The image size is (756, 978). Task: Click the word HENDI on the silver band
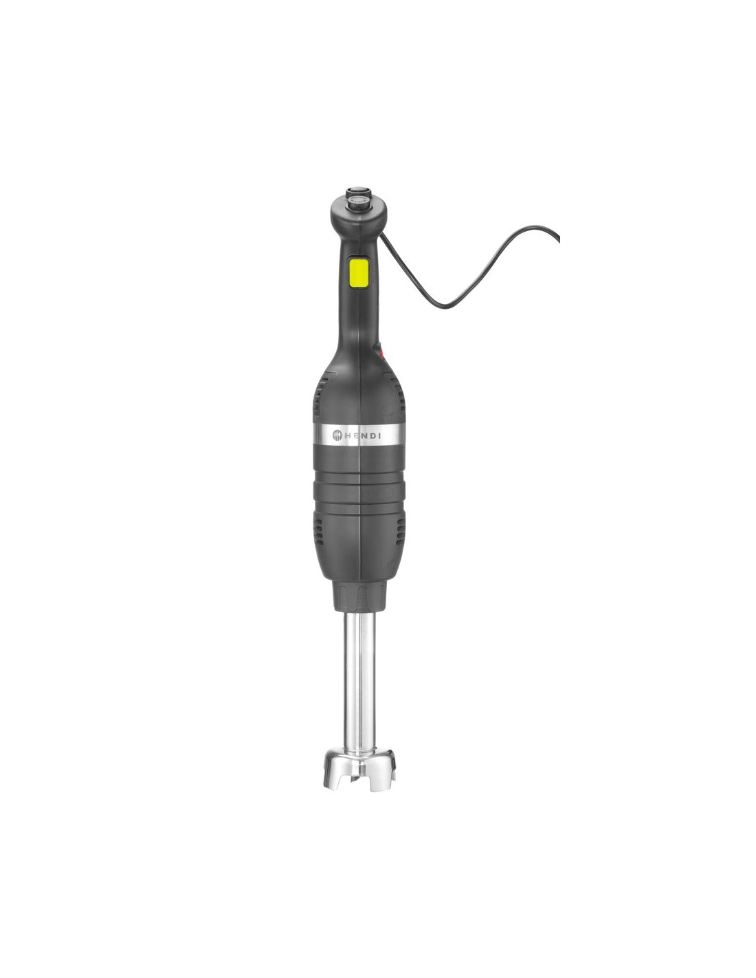click(362, 435)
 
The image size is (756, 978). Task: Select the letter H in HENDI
click(347, 435)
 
